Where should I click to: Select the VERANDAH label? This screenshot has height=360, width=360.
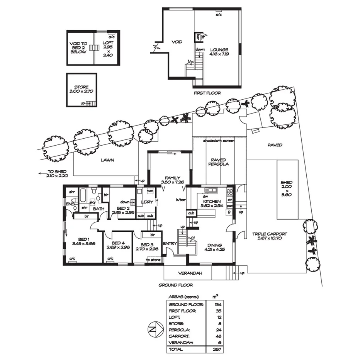coord(188,273)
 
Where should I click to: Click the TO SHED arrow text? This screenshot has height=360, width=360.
coord(54,173)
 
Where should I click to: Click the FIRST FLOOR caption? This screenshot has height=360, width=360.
coord(207,93)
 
